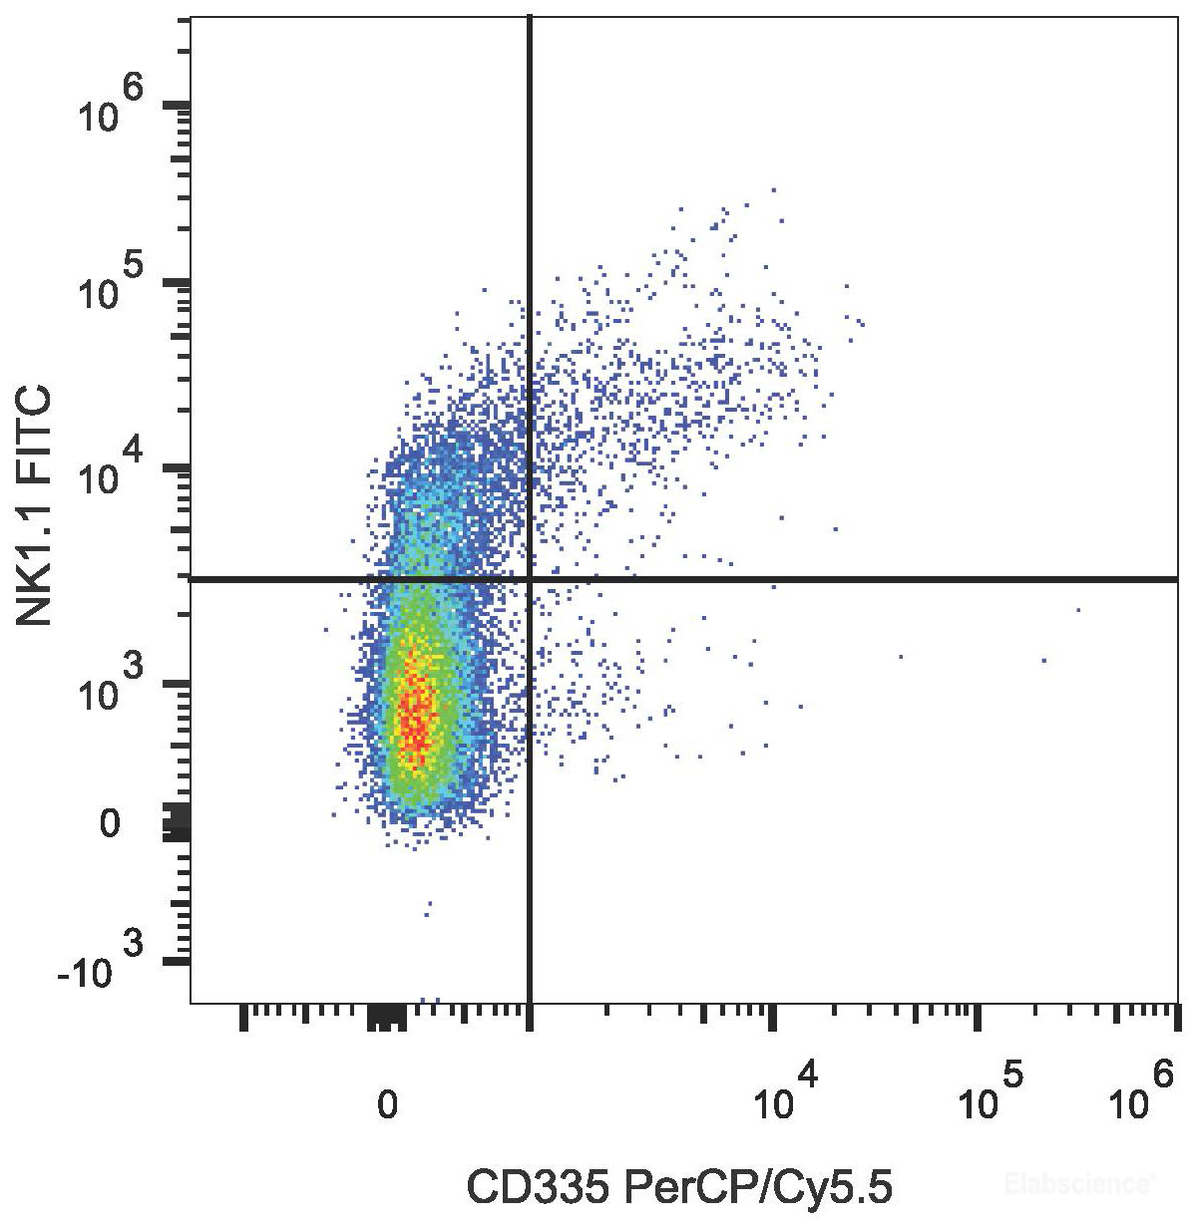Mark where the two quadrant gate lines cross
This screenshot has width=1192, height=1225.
tap(529, 578)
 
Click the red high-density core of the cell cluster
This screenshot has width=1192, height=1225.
tap(415, 713)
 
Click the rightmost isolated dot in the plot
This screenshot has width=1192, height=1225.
tap(1078, 609)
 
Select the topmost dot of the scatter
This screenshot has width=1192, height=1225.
tap(773, 188)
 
